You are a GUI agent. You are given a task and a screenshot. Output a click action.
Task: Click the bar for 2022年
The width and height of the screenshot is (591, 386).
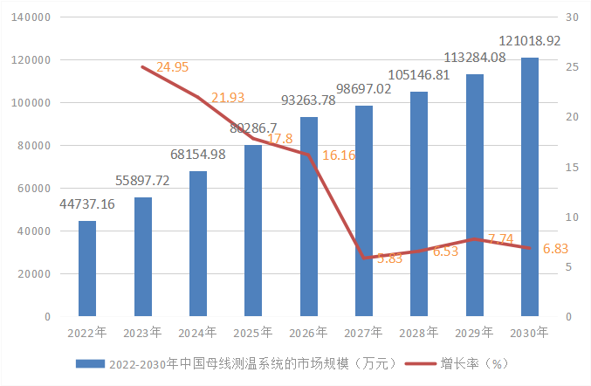click(x=87, y=268)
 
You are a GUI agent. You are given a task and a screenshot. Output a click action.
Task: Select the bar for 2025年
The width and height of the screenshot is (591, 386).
click(x=253, y=231)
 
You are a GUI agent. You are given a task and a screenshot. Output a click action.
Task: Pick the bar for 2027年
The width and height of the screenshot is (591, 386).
click(x=364, y=210)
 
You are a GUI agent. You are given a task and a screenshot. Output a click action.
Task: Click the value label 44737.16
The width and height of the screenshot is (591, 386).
click(x=87, y=204)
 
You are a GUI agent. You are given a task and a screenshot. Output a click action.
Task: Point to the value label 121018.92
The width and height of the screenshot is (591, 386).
click(x=530, y=41)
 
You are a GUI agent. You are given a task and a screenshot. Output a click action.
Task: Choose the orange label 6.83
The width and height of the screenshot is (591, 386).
click(x=556, y=249)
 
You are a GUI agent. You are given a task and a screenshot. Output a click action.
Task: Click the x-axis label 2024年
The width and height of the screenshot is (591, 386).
click(x=197, y=332)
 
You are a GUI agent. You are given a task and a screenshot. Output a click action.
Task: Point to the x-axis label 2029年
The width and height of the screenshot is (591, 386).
click(x=474, y=332)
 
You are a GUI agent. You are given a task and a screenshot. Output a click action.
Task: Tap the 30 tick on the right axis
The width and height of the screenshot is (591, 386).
click(x=573, y=17)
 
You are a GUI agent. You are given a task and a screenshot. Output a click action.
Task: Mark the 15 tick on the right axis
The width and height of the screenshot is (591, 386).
click(x=572, y=167)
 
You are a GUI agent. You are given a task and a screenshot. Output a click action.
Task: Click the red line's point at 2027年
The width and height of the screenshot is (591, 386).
click(x=364, y=258)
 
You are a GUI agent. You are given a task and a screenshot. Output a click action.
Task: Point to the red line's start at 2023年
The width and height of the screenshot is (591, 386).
click(x=142, y=66)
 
